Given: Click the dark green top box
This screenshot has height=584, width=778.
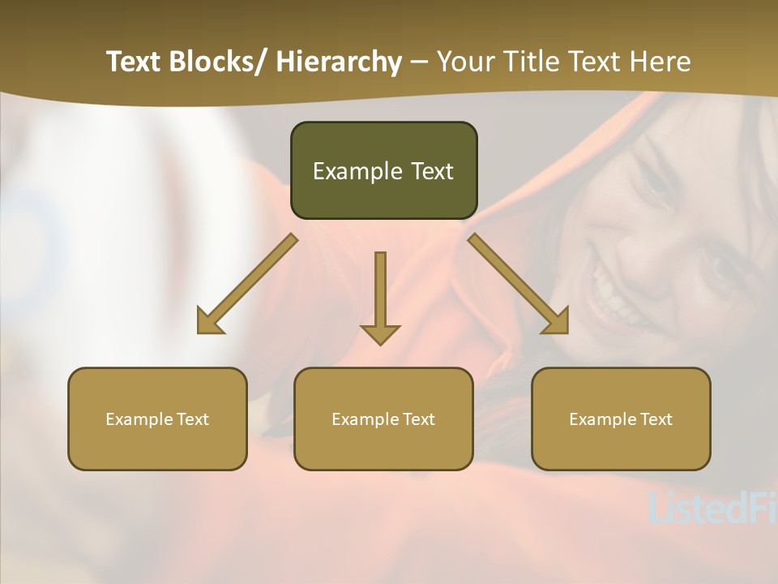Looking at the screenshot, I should [x=383, y=170].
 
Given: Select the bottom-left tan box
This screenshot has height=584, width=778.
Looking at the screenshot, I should [x=157, y=419].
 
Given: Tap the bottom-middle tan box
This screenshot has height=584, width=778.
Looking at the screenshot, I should [x=383, y=419].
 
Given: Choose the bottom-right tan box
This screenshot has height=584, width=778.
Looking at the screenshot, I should [x=621, y=419].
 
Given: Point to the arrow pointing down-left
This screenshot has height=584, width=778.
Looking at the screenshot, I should [x=246, y=285].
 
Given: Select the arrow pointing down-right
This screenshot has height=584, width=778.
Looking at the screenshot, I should [x=519, y=285].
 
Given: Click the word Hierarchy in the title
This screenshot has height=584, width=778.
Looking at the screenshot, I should [x=339, y=62].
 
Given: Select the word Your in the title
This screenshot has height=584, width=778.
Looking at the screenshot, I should [x=465, y=62].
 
